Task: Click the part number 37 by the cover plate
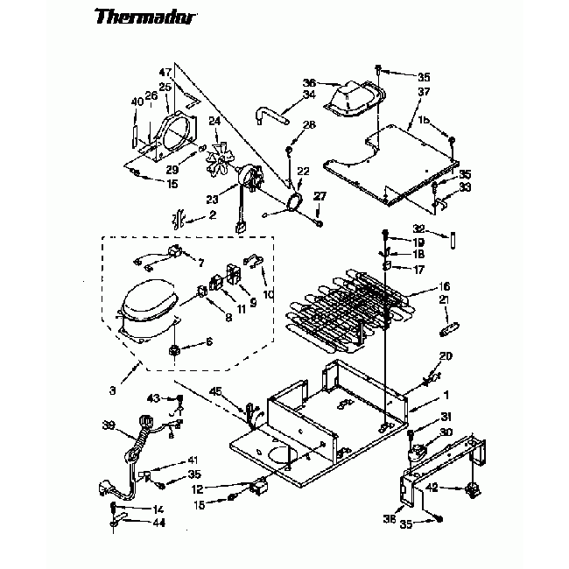(x=424, y=92)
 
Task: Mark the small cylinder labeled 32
(x=456, y=238)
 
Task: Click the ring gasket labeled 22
(x=295, y=202)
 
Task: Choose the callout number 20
(x=446, y=355)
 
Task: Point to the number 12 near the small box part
(x=222, y=488)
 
